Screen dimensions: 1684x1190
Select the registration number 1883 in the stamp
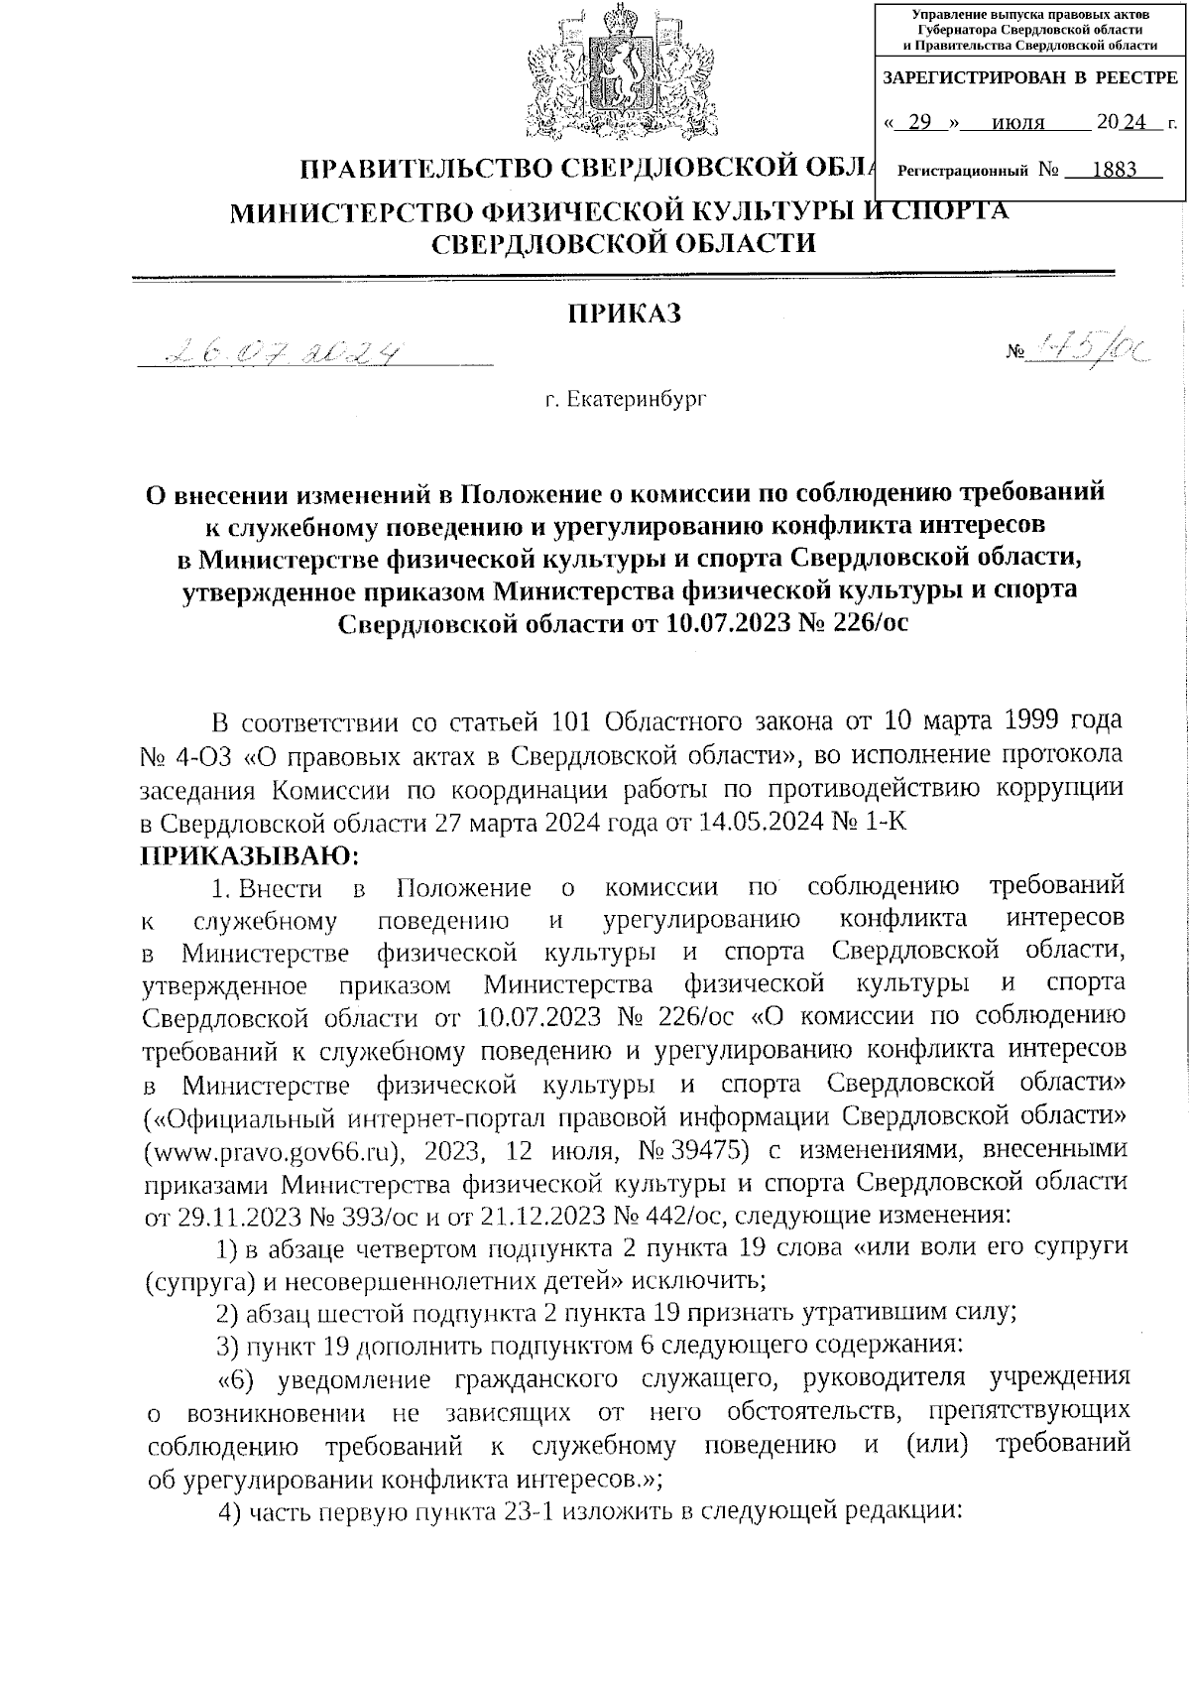(1114, 170)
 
